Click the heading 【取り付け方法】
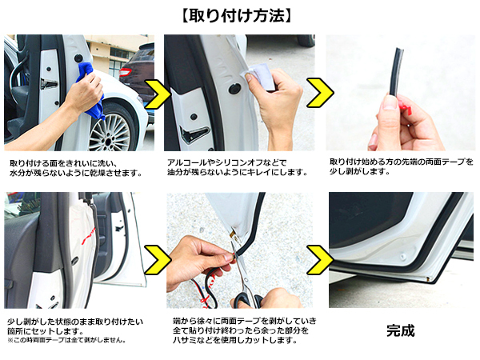(236, 16)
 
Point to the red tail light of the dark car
(125, 73)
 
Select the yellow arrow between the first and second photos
(156, 94)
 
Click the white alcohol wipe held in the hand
(261, 76)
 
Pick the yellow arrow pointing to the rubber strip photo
(319, 93)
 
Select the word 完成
(401, 330)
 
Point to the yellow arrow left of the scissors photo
(157, 259)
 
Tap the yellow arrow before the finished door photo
(319, 259)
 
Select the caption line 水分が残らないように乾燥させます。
(75, 174)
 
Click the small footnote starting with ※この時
(66, 340)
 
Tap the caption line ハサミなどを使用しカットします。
(234, 340)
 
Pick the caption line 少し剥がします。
(360, 172)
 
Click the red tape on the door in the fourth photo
(87, 236)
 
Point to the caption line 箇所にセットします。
(46, 331)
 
